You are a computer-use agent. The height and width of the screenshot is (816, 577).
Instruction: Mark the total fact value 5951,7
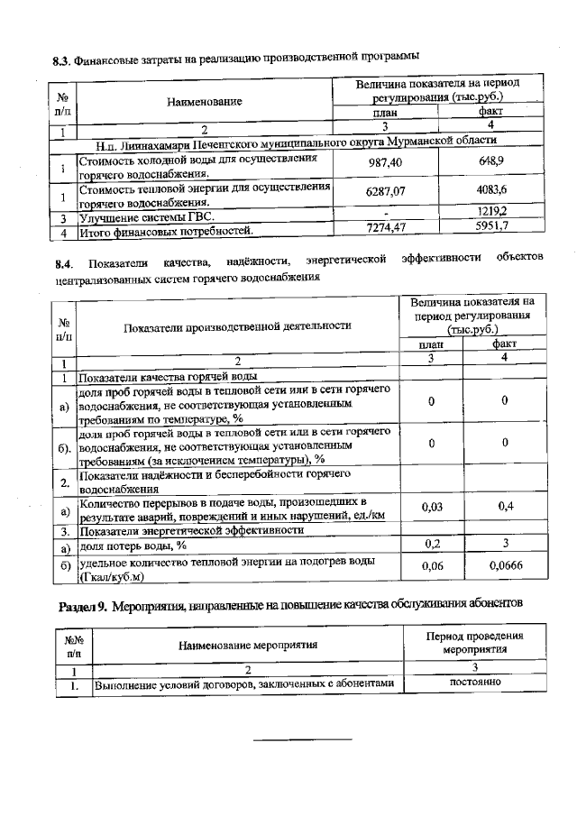click(x=491, y=226)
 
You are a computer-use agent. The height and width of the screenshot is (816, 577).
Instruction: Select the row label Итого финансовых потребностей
click(x=163, y=231)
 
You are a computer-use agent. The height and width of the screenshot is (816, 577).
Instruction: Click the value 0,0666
click(x=505, y=565)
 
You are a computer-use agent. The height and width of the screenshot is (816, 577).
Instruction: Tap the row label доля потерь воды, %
click(x=133, y=546)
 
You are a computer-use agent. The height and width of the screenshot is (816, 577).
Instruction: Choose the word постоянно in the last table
click(x=474, y=682)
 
